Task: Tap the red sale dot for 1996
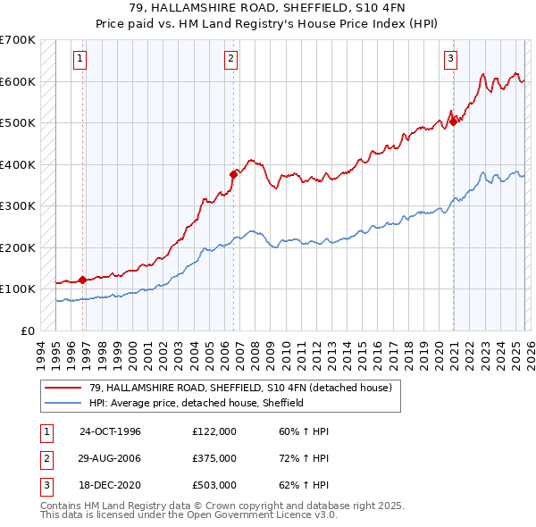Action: pos(83,280)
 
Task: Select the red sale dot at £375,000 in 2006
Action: pos(233,175)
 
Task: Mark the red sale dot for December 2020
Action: pos(453,122)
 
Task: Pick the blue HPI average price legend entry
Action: pos(197,403)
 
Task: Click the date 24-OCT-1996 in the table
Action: pos(110,431)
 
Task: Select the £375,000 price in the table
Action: pos(214,458)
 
